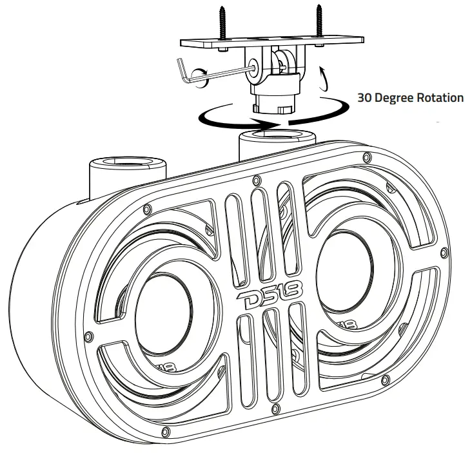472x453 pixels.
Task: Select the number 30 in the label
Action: [x=366, y=98]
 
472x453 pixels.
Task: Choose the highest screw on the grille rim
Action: [x=366, y=157]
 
